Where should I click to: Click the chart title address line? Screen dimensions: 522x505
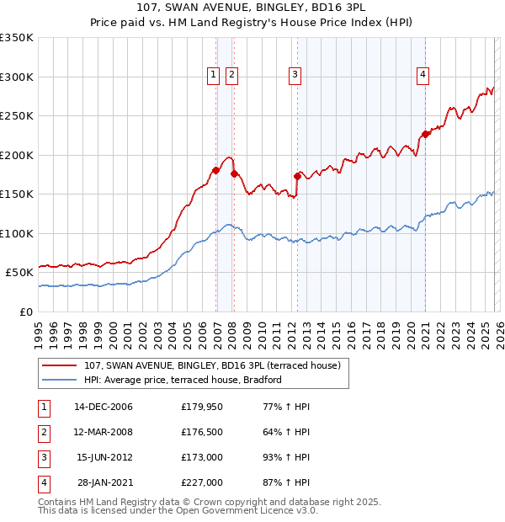252,8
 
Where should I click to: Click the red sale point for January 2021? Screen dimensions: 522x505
426,134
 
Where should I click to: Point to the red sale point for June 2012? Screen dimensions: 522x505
297,176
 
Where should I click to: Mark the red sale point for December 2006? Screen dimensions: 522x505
216,171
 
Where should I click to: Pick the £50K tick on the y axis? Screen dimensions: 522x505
19,273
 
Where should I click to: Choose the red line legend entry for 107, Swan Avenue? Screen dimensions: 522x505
212,365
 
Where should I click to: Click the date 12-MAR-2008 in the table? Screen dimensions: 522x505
104,432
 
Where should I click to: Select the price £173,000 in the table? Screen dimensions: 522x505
201,457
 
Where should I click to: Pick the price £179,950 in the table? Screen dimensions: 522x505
201,407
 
